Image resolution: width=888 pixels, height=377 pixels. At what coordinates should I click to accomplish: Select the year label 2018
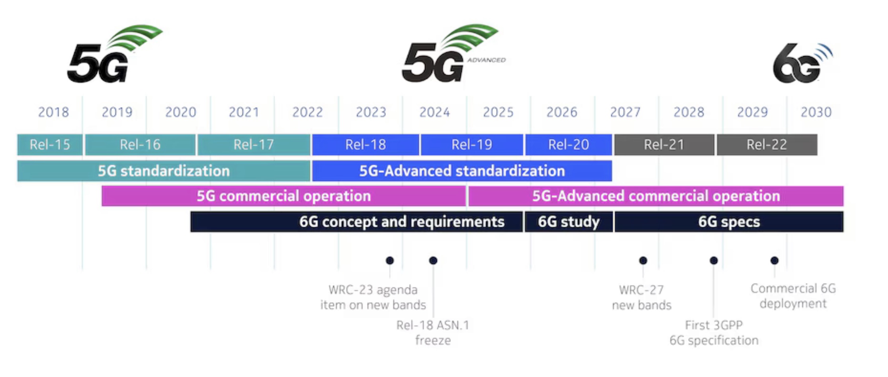coord(53,112)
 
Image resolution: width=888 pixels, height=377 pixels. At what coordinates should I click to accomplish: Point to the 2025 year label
coord(498,112)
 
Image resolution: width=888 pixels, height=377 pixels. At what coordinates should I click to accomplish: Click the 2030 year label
coord(816,112)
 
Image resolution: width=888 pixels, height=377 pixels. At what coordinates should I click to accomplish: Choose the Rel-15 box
coord(50,145)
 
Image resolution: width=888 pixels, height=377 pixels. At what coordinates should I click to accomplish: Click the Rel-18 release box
coord(366,145)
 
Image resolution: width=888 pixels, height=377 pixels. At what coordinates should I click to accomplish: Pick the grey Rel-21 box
coord(664,145)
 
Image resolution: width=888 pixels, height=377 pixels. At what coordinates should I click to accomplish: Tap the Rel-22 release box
coord(767,145)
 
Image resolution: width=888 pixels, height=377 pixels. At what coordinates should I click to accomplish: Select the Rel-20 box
coord(569,145)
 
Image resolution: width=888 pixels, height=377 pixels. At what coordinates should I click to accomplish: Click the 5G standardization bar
coord(164,171)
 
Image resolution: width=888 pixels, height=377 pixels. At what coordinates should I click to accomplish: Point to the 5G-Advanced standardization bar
coord(462,171)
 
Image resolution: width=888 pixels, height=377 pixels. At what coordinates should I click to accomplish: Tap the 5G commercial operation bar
coord(284,196)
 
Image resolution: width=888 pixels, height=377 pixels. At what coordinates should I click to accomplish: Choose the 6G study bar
coord(569,222)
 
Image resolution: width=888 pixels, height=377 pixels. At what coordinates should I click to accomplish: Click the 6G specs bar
coord(729,222)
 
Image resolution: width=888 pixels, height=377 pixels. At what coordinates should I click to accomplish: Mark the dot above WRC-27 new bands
coord(643,261)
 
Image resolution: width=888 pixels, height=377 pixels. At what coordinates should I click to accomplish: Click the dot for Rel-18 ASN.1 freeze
coord(433,261)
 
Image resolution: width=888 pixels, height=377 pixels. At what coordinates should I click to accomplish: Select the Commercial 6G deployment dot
coord(775,261)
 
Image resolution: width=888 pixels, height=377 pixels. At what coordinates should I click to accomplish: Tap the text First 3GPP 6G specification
coord(714,333)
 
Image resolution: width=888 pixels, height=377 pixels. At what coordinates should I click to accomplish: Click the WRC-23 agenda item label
coord(373,297)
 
